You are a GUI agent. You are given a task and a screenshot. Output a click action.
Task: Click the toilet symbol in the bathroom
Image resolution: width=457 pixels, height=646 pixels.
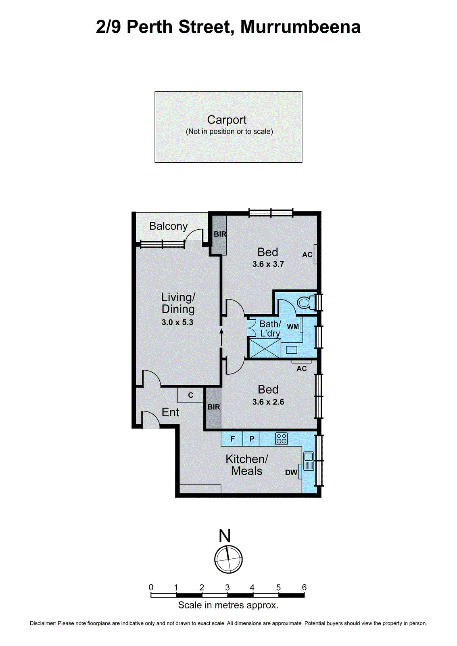[305, 302]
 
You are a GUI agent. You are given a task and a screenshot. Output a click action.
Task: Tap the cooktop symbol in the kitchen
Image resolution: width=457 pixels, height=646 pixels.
[281, 438]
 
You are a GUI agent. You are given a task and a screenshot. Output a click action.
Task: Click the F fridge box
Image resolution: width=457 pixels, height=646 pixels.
[232, 438]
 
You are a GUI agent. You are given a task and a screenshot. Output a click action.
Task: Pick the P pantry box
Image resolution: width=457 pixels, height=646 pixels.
[251, 438]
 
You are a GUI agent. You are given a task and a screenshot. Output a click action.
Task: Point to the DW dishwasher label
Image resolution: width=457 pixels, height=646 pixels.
[291, 472]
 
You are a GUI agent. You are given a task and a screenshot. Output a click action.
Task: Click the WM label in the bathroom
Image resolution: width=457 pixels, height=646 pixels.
[293, 327]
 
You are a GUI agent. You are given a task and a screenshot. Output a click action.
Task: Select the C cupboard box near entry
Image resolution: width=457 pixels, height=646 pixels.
[191, 395]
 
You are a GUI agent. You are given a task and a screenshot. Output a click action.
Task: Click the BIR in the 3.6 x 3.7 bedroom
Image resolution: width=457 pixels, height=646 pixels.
[220, 234]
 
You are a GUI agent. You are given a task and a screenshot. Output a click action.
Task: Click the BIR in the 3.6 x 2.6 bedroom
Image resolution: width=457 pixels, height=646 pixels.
[213, 407]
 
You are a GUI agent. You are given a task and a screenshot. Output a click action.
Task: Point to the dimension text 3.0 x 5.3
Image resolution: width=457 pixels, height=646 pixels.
[177, 322]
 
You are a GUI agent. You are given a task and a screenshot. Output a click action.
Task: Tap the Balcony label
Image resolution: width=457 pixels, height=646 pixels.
[168, 226]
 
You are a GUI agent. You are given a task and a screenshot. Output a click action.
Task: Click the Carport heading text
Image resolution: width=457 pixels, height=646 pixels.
[227, 120]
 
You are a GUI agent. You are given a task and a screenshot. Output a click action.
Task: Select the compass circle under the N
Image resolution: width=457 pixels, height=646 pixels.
[228, 559]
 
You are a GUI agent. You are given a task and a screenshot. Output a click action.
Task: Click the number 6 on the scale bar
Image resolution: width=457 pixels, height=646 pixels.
[304, 587]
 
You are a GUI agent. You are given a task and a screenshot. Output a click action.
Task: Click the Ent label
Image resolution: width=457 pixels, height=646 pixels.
[170, 412]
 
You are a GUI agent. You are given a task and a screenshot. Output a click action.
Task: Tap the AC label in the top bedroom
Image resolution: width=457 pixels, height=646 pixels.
[307, 255]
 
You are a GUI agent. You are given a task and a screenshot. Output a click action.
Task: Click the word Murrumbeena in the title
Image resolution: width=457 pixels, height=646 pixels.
[300, 27]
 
